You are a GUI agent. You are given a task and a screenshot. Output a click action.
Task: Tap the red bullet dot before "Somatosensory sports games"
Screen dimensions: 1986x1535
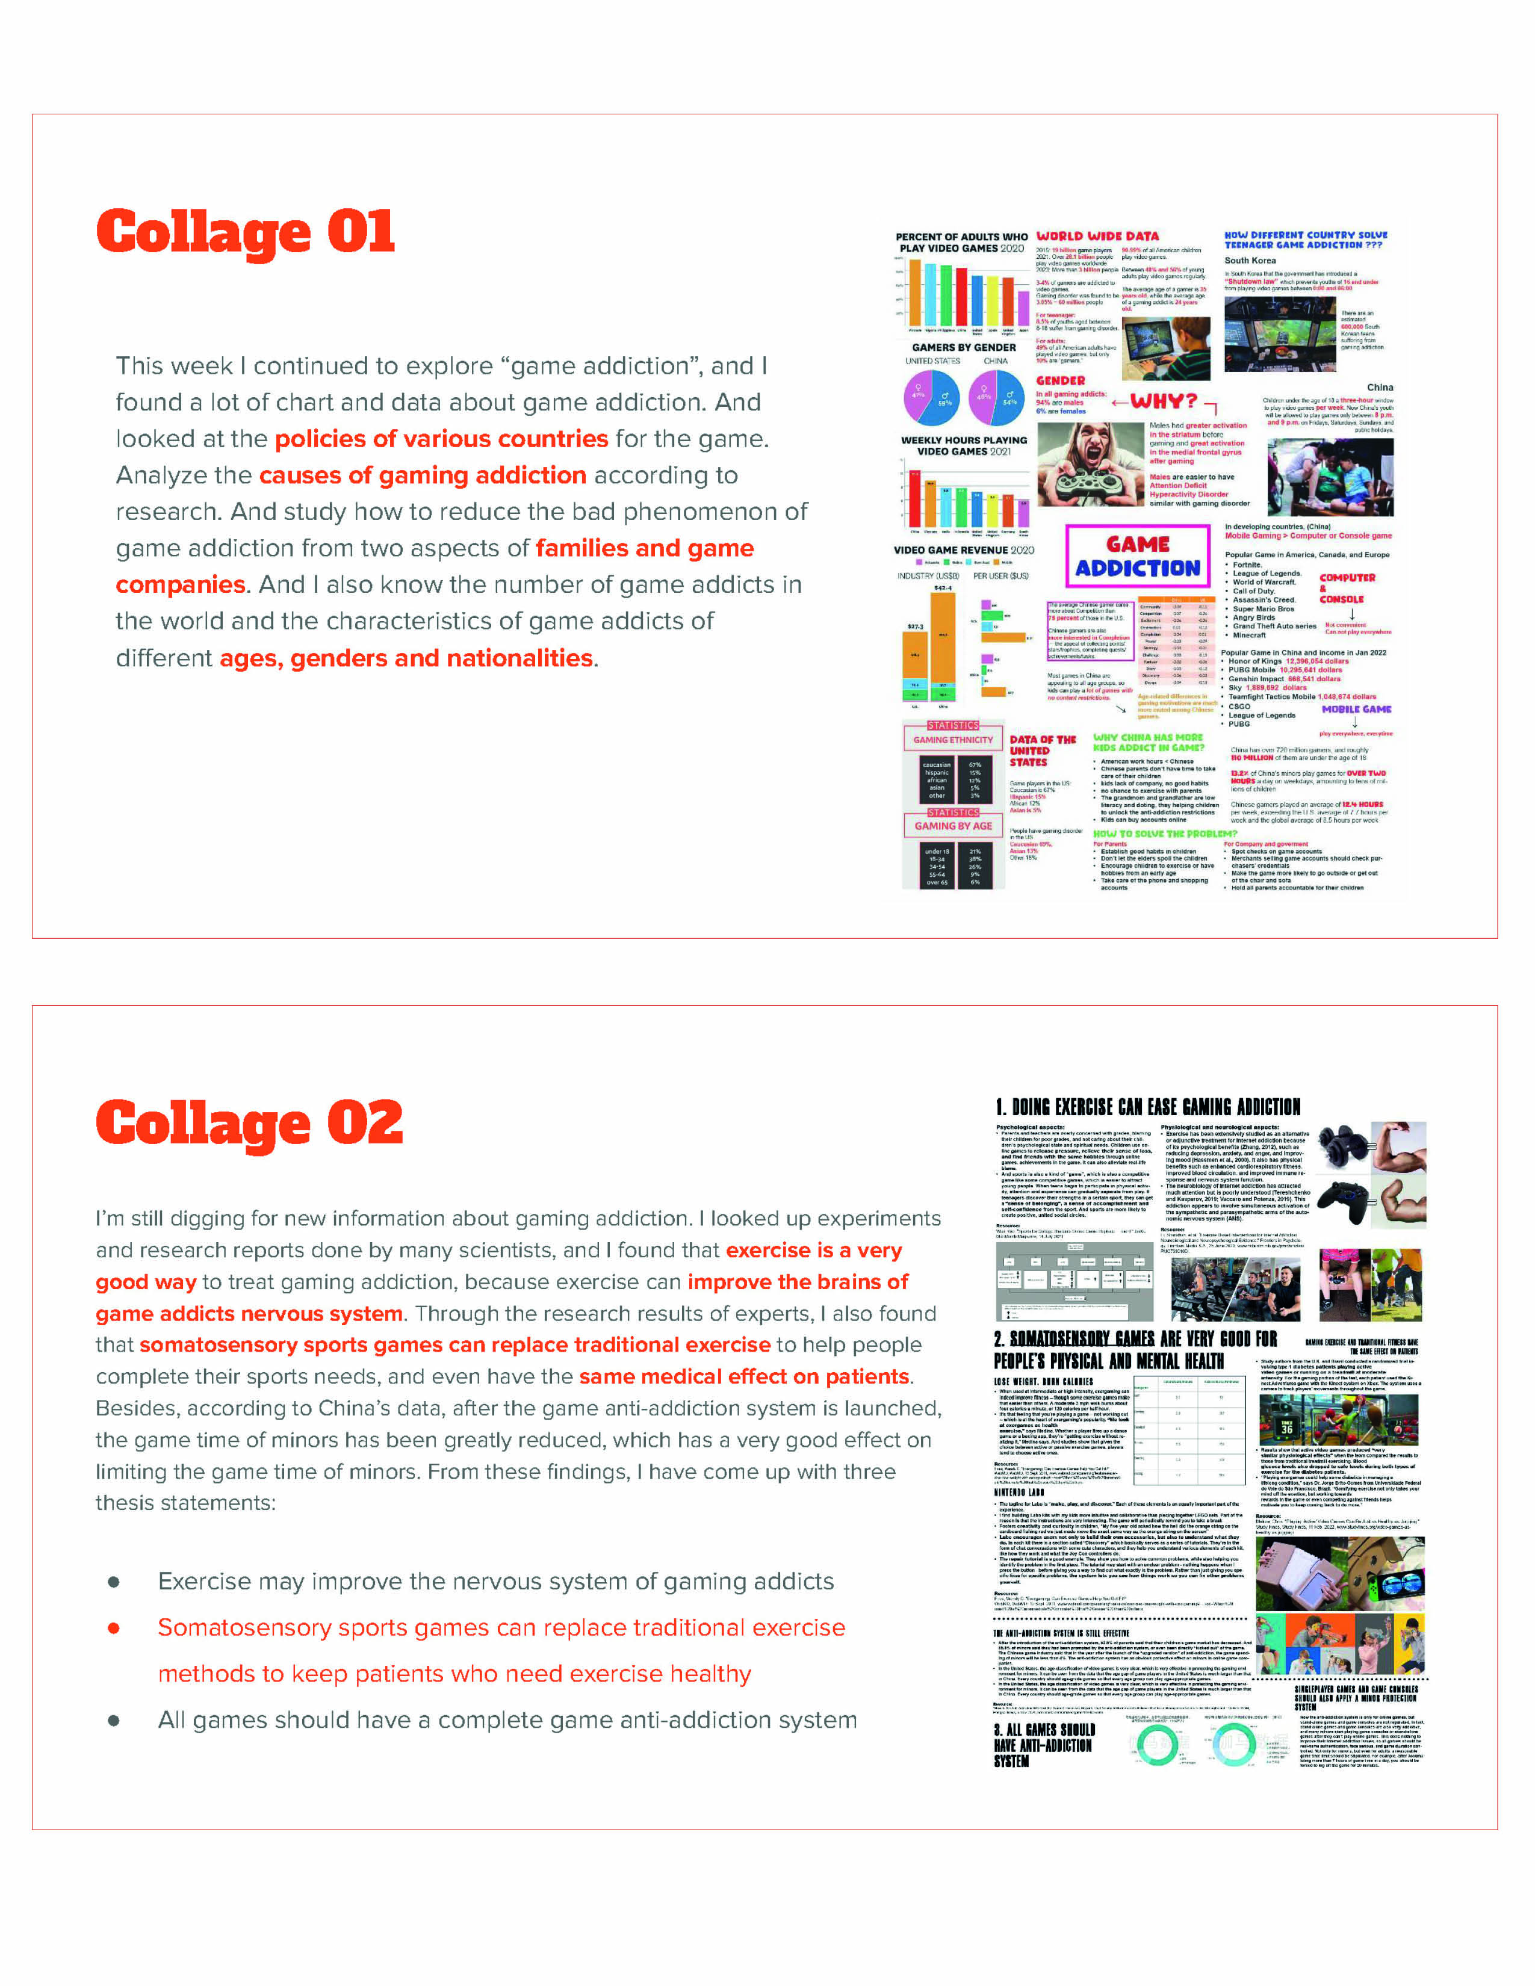tap(114, 1628)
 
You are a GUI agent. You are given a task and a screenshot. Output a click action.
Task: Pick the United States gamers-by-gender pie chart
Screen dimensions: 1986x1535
tap(931, 397)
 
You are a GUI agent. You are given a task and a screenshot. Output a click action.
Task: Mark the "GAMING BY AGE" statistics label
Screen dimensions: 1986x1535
tap(953, 826)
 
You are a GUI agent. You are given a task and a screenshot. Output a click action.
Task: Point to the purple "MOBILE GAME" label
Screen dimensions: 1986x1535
tap(1356, 710)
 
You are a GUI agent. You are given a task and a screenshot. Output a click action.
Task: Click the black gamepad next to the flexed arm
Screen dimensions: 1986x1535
tap(1343, 1201)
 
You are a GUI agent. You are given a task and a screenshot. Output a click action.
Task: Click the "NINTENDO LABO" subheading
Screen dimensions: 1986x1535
tap(1019, 1493)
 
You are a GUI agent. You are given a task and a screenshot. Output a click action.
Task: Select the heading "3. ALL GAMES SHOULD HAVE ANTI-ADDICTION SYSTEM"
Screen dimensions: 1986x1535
tap(1043, 1745)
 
